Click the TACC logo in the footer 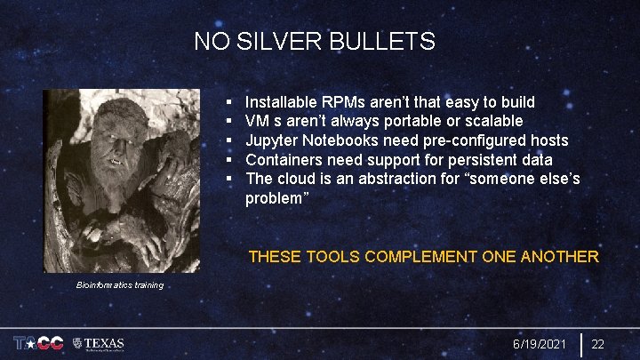tap(37, 343)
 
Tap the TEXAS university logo tap(99, 343)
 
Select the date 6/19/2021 tap(540, 344)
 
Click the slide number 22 tap(598, 344)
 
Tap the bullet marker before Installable tap(228, 103)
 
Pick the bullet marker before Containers tap(228, 160)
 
